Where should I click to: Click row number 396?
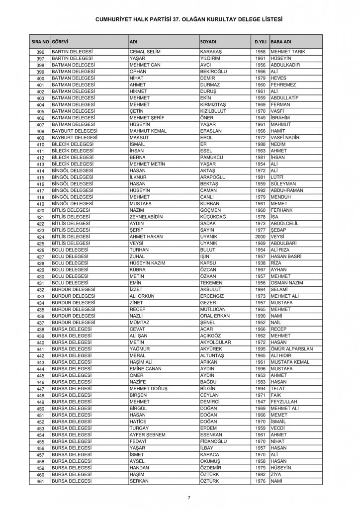[41, 52]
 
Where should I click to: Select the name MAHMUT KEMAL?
[146, 131]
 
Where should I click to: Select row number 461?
[41, 482]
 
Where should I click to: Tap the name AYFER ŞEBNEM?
[147, 435]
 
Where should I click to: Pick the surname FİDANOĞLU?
[215, 441]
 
